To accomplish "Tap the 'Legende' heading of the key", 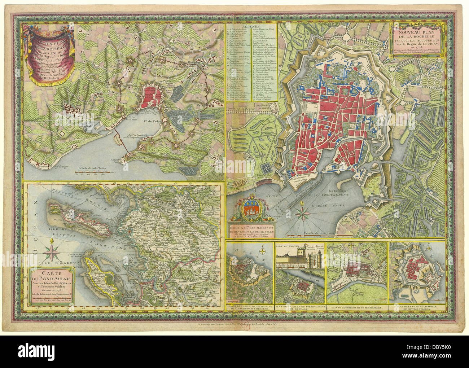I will click(251, 27).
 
